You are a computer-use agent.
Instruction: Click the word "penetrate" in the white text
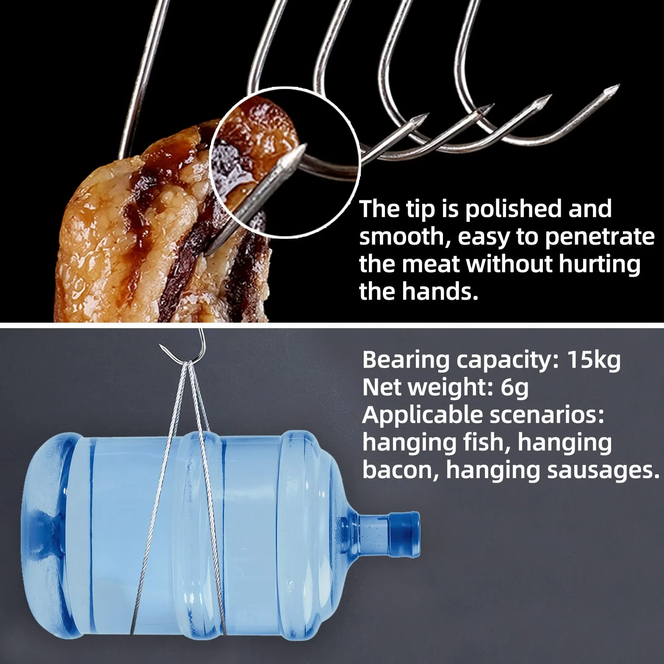click(599, 237)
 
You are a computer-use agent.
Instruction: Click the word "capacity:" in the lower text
click(508, 361)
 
